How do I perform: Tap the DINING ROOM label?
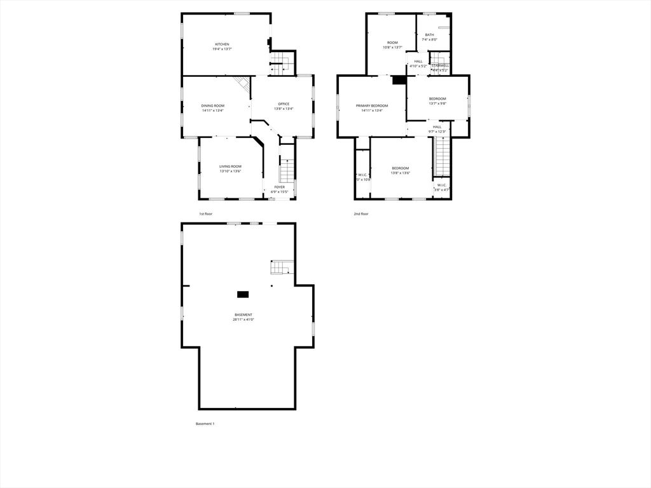tap(213, 105)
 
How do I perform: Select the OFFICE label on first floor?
tap(284, 104)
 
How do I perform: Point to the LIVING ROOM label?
tap(230, 166)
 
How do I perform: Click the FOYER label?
tap(280, 187)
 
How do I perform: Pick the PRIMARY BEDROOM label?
tap(372, 105)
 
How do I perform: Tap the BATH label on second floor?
tap(430, 35)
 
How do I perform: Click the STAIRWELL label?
tap(440, 65)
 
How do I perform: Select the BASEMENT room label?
tap(243, 315)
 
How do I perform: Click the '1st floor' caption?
tap(205, 214)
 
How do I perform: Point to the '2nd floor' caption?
tap(361, 214)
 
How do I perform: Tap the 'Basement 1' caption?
tap(205, 424)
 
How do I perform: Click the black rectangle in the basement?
tap(243, 294)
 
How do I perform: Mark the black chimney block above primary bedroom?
tap(399, 80)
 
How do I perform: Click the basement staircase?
tap(280, 268)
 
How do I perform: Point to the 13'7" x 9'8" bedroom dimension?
tap(437, 103)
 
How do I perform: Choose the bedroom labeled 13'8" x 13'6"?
tap(401, 168)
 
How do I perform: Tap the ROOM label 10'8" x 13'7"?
tap(392, 43)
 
